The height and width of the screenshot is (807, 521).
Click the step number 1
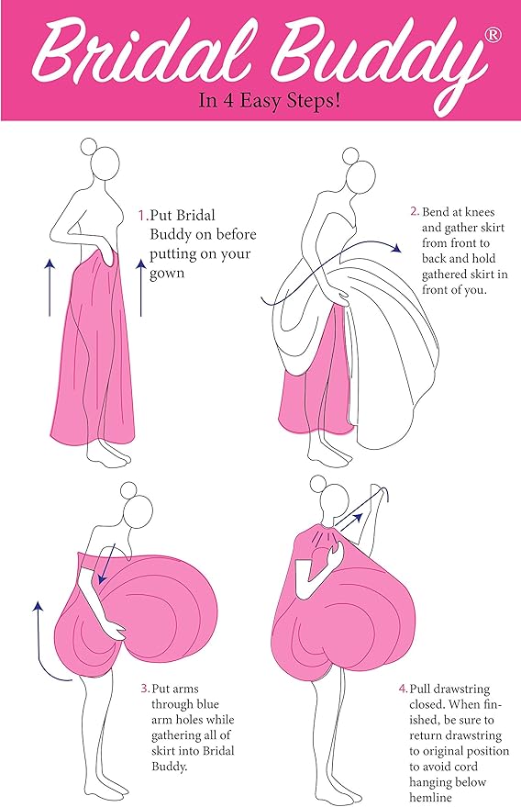(x=141, y=216)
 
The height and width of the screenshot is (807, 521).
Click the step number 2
(x=414, y=211)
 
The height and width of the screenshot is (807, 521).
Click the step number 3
(x=144, y=687)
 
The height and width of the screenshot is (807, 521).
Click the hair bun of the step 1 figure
(x=88, y=146)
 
